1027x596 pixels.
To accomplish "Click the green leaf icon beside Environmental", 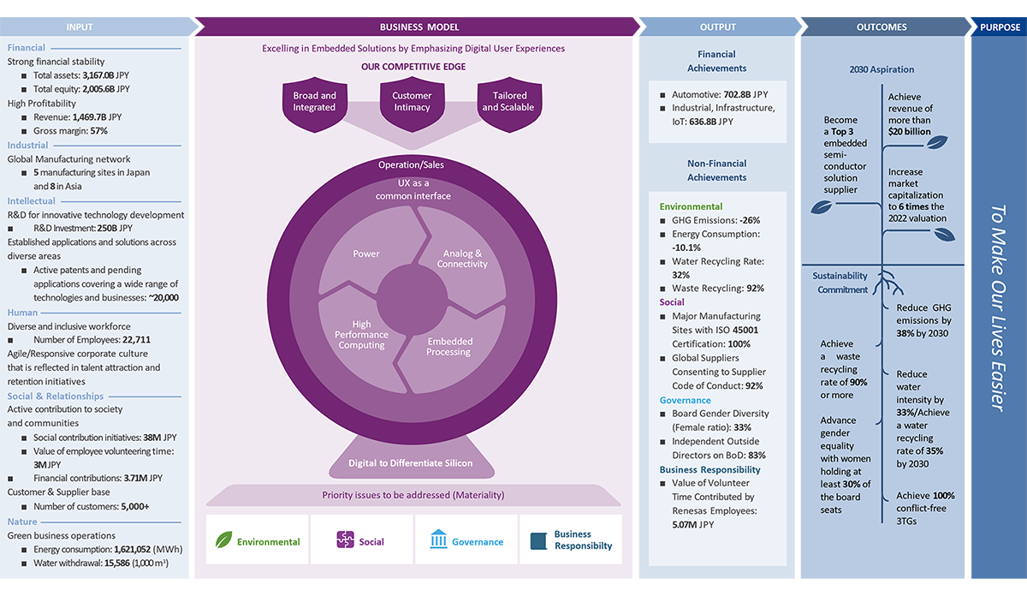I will [x=224, y=539].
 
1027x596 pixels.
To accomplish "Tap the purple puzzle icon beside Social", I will [x=345, y=539].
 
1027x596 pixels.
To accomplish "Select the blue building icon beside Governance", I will [x=438, y=539].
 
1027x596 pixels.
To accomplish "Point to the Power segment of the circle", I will [x=366, y=253].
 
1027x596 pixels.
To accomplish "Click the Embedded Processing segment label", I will [x=449, y=347].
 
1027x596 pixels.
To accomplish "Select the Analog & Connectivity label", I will [x=461, y=259].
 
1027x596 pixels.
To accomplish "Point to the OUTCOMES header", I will [x=882, y=27].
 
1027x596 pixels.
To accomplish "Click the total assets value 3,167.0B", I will [x=97, y=75].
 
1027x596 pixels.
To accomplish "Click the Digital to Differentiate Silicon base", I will [x=410, y=463].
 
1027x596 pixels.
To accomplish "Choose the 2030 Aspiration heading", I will [x=882, y=69].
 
